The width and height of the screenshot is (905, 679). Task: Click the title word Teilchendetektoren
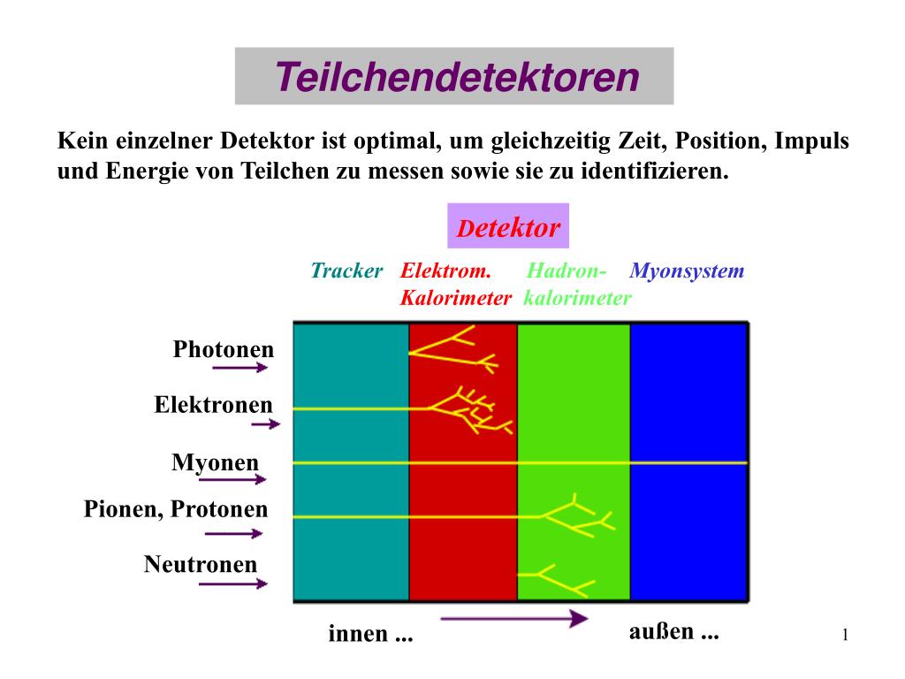pyautogui.click(x=456, y=77)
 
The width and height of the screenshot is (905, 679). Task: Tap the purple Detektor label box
pyautogui.click(x=508, y=227)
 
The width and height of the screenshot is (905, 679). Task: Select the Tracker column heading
pyautogui.click(x=346, y=271)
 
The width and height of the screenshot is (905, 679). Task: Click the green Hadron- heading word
pyautogui.click(x=567, y=271)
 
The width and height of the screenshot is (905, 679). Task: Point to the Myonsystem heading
pyautogui.click(x=688, y=271)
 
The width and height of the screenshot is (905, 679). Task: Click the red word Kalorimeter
pyautogui.click(x=455, y=298)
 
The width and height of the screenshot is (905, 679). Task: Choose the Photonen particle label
pyautogui.click(x=224, y=349)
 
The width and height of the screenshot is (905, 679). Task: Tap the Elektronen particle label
pyautogui.click(x=213, y=405)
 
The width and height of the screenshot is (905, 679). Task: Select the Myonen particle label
pyautogui.click(x=216, y=462)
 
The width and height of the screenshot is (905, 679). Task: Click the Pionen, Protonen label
pyautogui.click(x=175, y=509)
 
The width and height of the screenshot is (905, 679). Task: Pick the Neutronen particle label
pyautogui.click(x=201, y=564)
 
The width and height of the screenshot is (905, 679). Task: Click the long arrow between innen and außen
pyautogui.click(x=513, y=619)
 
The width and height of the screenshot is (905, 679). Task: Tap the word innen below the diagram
pyautogui.click(x=358, y=633)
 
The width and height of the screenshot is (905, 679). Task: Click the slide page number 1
pyautogui.click(x=845, y=634)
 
